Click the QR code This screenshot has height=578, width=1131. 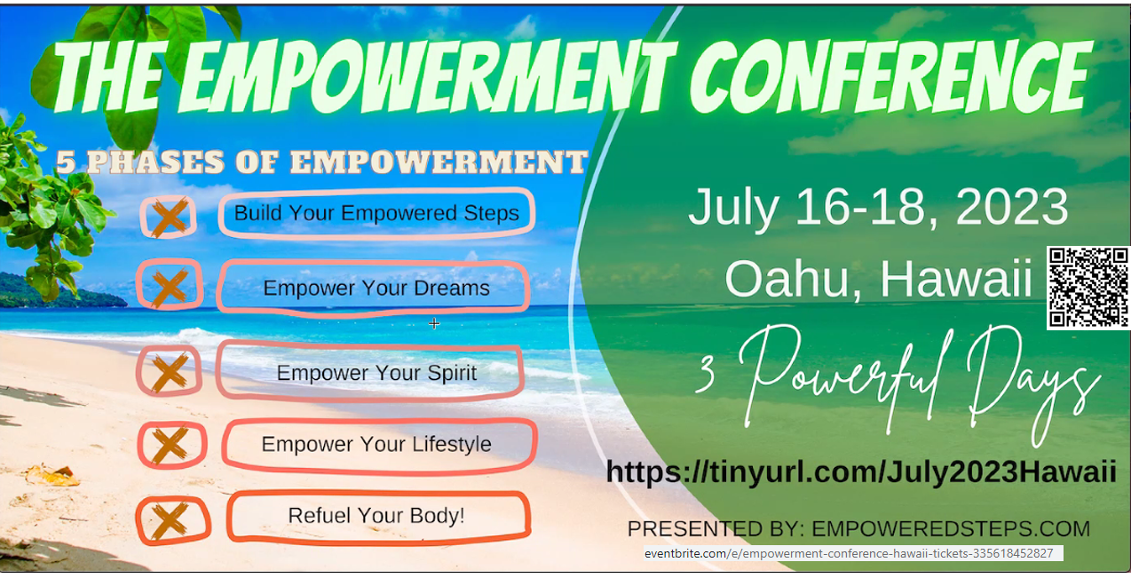point(1088,288)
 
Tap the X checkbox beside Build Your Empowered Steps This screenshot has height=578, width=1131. point(169,217)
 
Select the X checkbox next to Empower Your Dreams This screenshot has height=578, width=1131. point(170,284)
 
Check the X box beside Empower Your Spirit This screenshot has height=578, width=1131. point(170,371)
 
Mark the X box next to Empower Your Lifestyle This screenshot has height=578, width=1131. point(171,444)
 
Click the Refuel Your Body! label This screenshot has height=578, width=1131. point(376,515)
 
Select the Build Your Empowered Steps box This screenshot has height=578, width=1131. point(376,213)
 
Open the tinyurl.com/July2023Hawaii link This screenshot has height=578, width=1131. point(861,472)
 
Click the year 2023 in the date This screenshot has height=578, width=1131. point(1011,207)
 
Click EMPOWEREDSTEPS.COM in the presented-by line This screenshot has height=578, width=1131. point(951,528)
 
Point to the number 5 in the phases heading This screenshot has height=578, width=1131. point(66,162)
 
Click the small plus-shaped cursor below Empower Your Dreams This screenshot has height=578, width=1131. point(434,323)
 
